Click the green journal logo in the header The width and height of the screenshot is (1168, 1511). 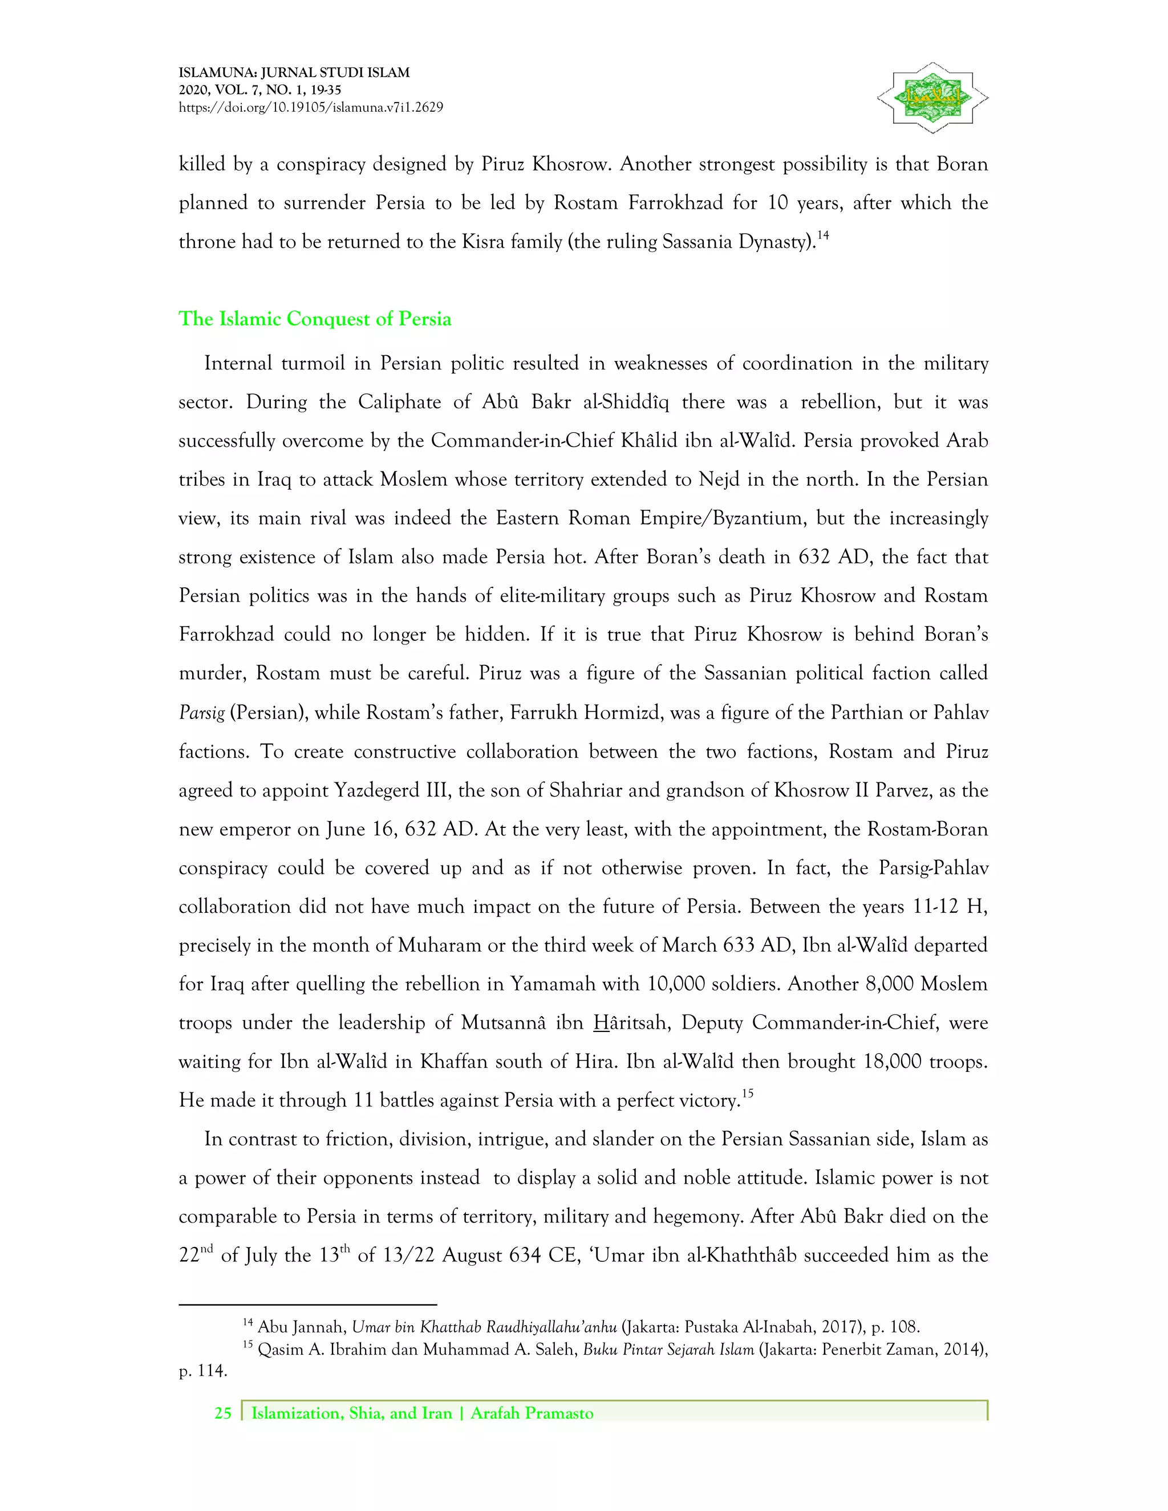point(932,98)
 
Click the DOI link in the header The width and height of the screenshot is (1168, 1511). point(311,107)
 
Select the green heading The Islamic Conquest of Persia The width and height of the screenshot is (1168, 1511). point(315,319)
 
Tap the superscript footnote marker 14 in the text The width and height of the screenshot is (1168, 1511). point(823,235)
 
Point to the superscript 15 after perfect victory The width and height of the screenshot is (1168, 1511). point(747,1094)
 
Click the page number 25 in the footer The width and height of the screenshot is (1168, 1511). point(223,1413)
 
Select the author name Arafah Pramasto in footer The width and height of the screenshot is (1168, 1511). point(532,1413)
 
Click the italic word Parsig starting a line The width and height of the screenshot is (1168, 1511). point(201,713)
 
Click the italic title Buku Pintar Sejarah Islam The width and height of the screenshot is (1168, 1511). point(668,1350)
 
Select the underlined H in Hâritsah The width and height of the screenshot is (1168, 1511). point(600,1022)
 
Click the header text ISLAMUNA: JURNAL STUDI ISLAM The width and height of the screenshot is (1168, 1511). point(294,72)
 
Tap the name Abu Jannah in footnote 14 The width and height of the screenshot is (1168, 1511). point(301,1327)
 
